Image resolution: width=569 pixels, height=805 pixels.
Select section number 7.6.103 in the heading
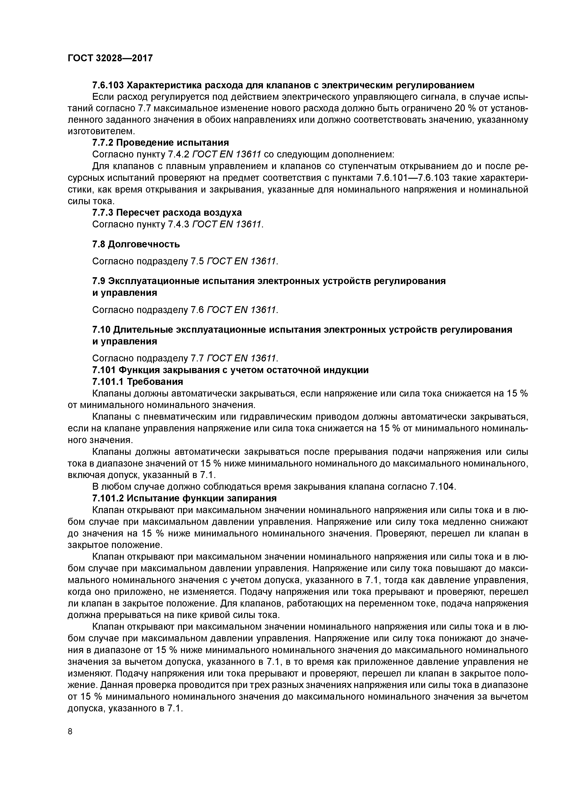point(107,85)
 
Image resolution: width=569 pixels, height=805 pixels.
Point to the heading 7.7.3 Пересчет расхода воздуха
point(167,212)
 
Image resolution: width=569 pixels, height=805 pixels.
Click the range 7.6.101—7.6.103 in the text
point(412,178)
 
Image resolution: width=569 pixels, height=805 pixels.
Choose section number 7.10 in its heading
point(102,330)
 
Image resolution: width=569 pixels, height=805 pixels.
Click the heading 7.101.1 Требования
point(137,381)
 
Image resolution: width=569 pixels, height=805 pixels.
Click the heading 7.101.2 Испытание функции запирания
point(184,498)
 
